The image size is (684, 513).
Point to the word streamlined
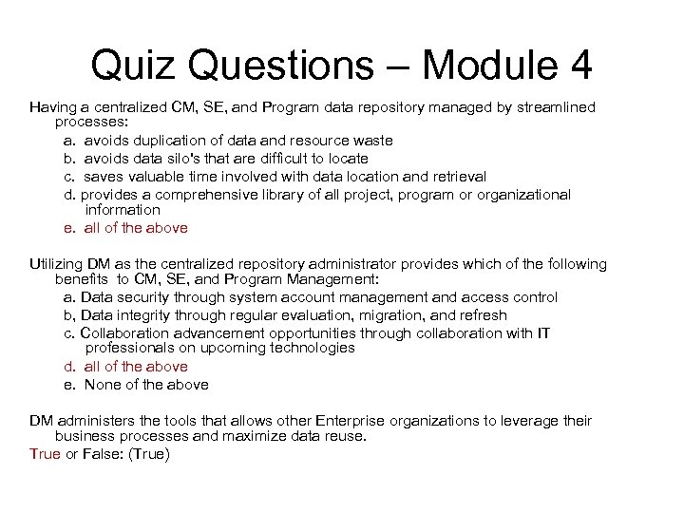click(x=555, y=107)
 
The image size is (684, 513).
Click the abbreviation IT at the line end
click(x=541, y=332)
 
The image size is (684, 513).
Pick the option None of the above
click(x=146, y=385)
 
